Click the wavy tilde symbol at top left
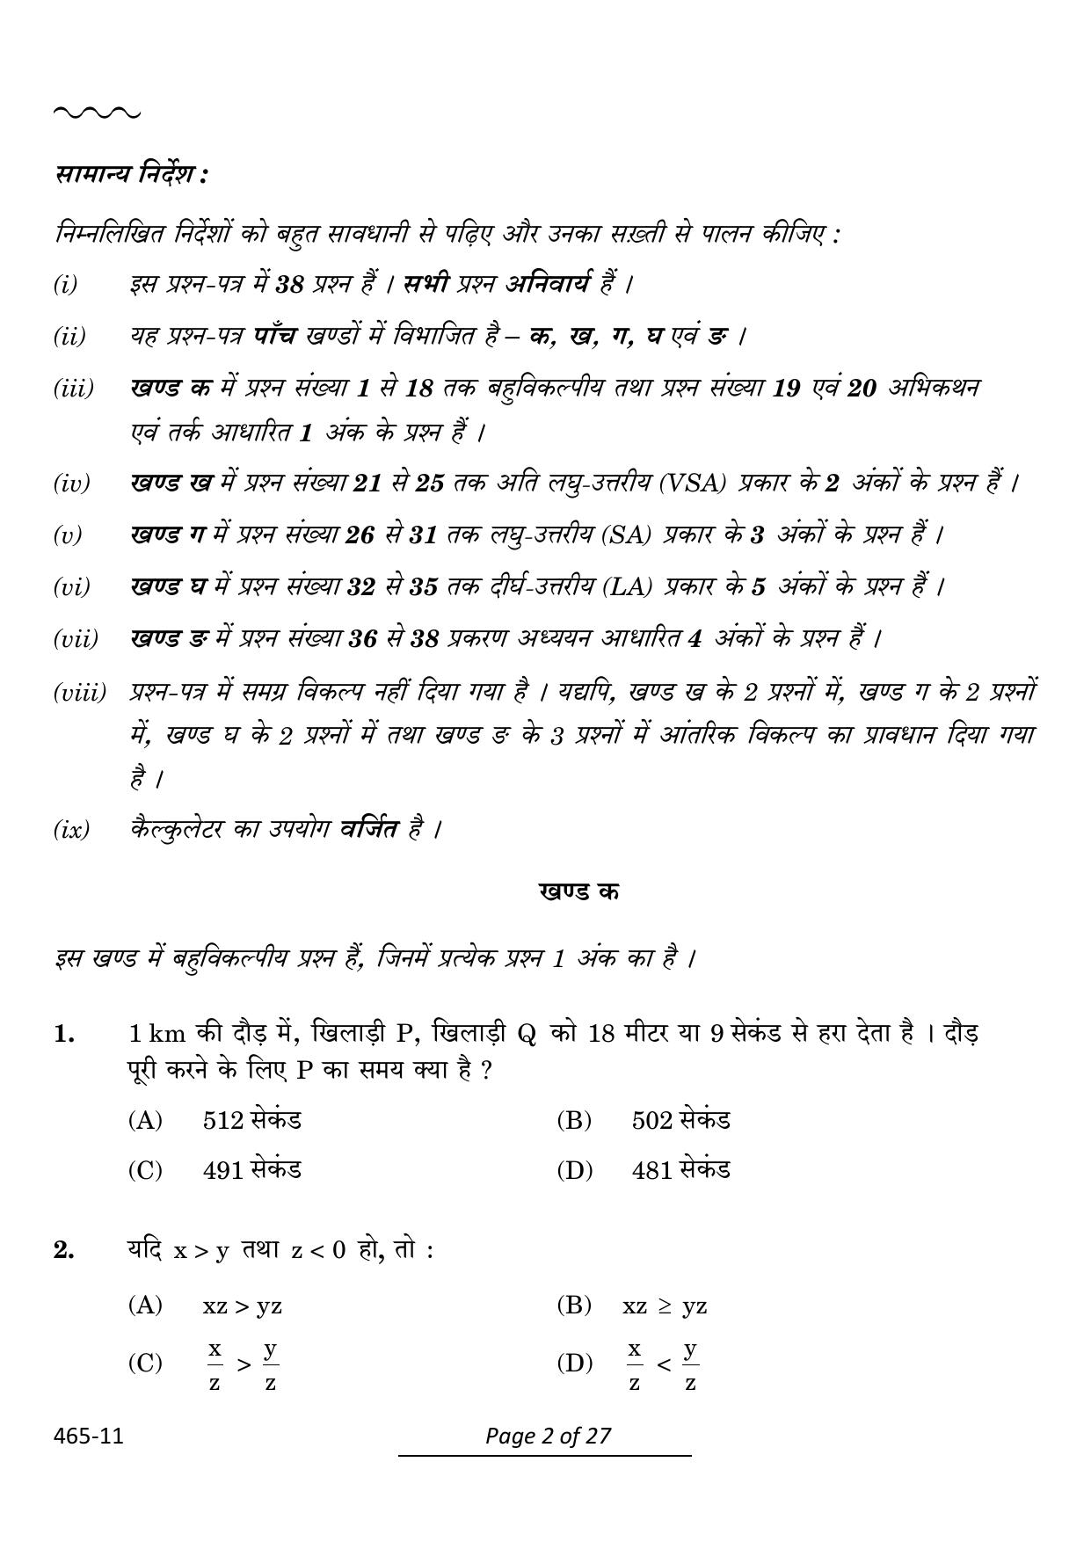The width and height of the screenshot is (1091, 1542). click(x=96, y=113)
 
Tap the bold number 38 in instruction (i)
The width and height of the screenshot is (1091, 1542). click(x=289, y=285)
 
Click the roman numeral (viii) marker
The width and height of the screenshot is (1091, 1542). click(x=79, y=692)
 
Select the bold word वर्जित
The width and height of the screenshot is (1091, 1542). click(x=369, y=828)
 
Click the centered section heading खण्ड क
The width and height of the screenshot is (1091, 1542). click(x=578, y=891)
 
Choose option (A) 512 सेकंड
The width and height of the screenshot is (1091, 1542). click(x=215, y=1120)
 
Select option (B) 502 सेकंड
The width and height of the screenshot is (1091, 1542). click(x=644, y=1120)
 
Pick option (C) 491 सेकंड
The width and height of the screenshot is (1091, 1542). click(x=215, y=1170)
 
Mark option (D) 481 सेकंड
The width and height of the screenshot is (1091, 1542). click(x=644, y=1170)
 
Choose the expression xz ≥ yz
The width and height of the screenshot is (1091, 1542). click(x=665, y=1306)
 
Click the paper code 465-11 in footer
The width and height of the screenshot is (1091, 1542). click(x=88, y=1437)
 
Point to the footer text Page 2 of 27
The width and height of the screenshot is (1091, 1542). click(x=548, y=1436)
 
